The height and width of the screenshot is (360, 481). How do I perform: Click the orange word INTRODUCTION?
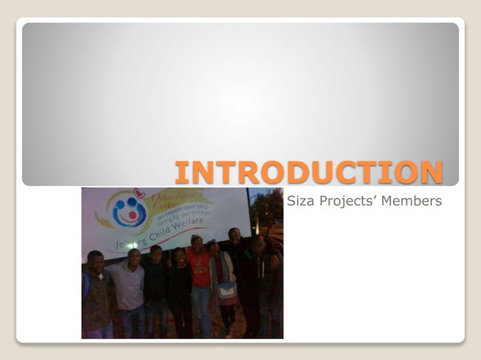point(308,172)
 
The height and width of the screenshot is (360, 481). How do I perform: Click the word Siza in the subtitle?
point(299,200)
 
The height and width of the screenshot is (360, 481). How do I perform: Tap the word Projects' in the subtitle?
point(348,200)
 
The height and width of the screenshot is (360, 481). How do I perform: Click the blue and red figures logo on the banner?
point(130,211)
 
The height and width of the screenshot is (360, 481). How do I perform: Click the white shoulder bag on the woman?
point(226,290)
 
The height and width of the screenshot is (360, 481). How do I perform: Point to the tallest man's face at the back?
point(234,236)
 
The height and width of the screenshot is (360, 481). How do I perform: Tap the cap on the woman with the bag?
point(213,243)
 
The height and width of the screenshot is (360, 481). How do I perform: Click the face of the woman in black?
point(180,256)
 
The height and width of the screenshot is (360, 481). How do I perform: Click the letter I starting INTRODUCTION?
point(182,172)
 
